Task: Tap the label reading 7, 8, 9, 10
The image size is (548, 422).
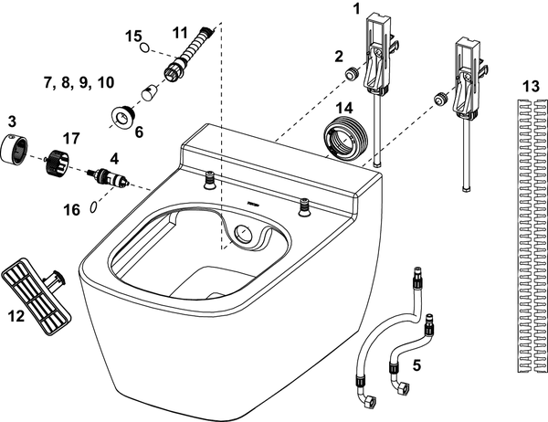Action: point(79,82)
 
